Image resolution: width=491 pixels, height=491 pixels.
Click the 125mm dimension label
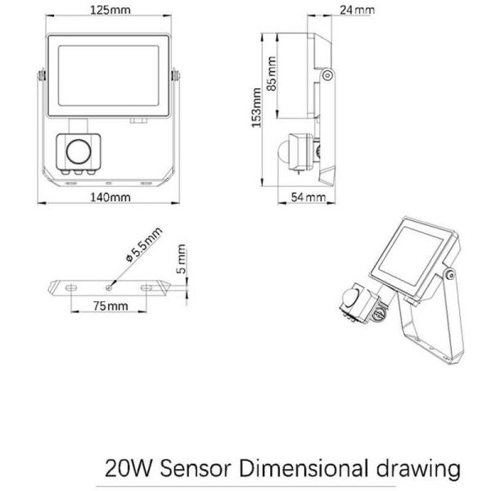(x=110, y=10)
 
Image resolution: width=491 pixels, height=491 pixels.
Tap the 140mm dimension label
(x=110, y=197)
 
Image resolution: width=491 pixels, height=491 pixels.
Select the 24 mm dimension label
(x=358, y=10)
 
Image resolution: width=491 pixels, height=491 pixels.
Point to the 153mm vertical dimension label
(x=256, y=108)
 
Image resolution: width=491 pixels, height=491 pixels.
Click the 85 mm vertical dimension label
(x=272, y=74)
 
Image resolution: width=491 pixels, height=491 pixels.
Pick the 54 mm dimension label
(x=309, y=197)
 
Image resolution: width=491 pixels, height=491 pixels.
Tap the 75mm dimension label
(x=110, y=306)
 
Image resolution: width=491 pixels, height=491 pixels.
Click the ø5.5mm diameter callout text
(x=144, y=245)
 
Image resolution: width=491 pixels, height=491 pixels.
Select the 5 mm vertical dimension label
(x=182, y=259)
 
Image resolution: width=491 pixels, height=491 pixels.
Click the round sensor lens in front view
(x=79, y=151)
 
